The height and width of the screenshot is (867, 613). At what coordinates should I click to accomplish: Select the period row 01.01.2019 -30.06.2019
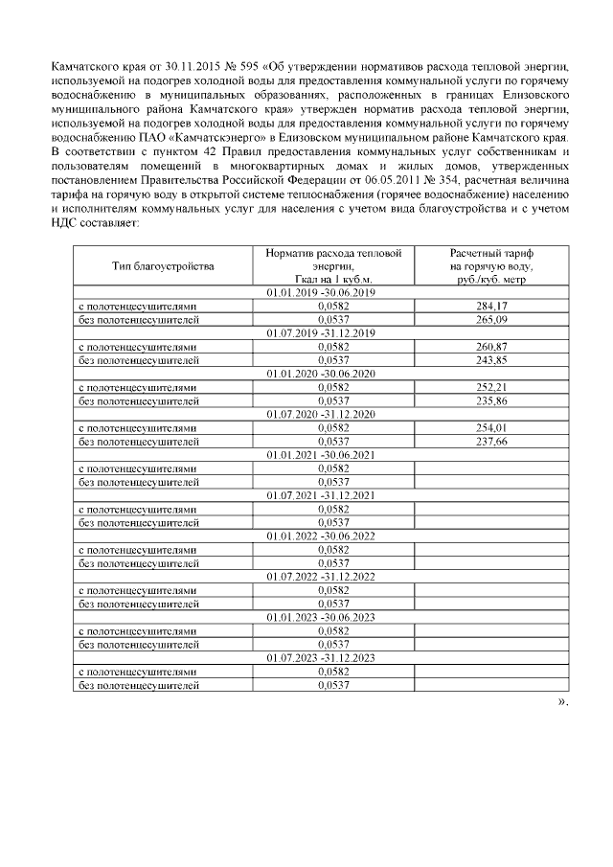coord(320,292)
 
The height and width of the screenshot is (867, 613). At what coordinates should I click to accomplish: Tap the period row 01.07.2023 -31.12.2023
coord(320,658)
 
